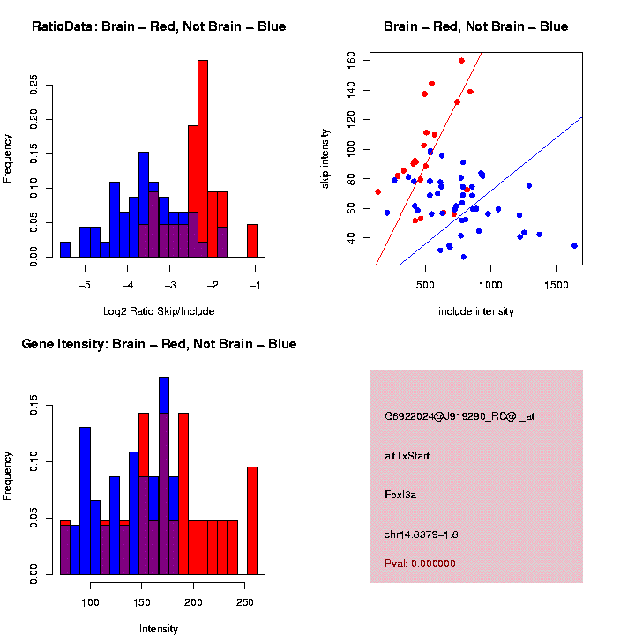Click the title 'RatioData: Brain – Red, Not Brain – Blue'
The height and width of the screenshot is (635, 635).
point(159,26)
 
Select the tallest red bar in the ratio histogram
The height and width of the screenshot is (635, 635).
point(203,159)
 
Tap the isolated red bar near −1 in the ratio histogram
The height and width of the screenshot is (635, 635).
point(252,241)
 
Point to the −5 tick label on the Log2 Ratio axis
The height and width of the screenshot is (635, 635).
point(86,286)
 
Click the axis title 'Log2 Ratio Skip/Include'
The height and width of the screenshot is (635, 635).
point(159,311)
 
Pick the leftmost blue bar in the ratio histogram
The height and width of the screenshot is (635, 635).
point(65,250)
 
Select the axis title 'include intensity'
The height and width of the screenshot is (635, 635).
point(476,311)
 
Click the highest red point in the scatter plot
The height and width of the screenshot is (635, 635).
point(462,61)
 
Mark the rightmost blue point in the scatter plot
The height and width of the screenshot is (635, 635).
point(574,246)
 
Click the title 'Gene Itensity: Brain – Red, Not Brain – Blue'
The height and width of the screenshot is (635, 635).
point(160,344)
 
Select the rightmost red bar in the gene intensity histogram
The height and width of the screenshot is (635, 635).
point(252,520)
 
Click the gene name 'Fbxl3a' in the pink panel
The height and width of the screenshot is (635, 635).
point(400,495)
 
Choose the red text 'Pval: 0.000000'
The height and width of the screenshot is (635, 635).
point(420,564)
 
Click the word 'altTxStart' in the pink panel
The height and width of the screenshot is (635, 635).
point(407,456)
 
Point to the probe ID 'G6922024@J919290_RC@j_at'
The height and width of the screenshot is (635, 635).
point(459,416)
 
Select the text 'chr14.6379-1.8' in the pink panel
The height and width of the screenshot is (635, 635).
point(421,534)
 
